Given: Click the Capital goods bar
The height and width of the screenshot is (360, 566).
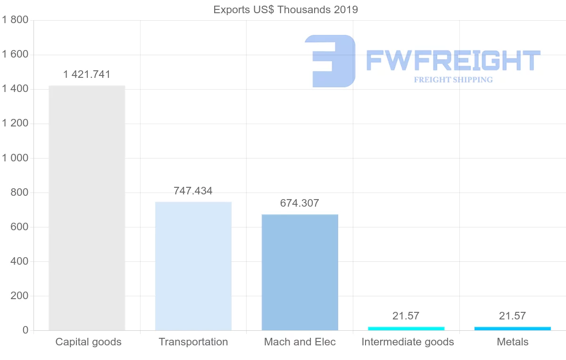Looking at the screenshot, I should coord(87,208).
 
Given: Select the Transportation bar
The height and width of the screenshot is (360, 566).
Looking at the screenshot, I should coord(193,266).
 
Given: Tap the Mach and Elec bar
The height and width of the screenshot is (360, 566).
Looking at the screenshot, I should coord(300,272).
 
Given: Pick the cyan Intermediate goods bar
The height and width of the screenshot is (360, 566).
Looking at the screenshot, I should coord(406,328).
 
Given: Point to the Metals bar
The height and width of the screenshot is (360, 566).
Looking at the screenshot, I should coord(513,328).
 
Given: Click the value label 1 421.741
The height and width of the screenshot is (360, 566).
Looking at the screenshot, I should coord(87,74).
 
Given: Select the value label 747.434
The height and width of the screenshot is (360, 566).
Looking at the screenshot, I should coord(193,191).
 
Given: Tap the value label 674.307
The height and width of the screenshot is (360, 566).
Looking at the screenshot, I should coord(300,203).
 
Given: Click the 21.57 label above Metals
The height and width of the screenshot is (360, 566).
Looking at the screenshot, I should coord(513,316).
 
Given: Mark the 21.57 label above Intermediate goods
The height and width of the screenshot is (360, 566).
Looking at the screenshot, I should coord(406,316).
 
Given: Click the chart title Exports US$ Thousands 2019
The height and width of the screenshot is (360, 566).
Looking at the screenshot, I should coord(286,9).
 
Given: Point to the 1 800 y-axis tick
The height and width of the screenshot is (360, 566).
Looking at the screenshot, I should coord(16,20).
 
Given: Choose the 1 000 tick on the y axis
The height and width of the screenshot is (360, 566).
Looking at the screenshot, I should coord(16,158).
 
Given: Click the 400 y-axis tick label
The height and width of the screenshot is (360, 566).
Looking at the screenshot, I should coord(19,261).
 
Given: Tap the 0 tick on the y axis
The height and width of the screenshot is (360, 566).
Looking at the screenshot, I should coord(25,330).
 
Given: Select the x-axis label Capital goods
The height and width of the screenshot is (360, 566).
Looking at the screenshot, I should coord(89,342).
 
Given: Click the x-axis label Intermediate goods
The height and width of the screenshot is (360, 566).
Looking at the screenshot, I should coord(408,342).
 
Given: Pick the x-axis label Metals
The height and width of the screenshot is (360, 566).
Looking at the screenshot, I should coord(513,342).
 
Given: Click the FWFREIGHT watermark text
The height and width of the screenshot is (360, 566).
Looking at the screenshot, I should coord(453,60).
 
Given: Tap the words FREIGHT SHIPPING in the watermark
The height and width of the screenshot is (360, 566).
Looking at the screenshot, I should coord(453,80).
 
